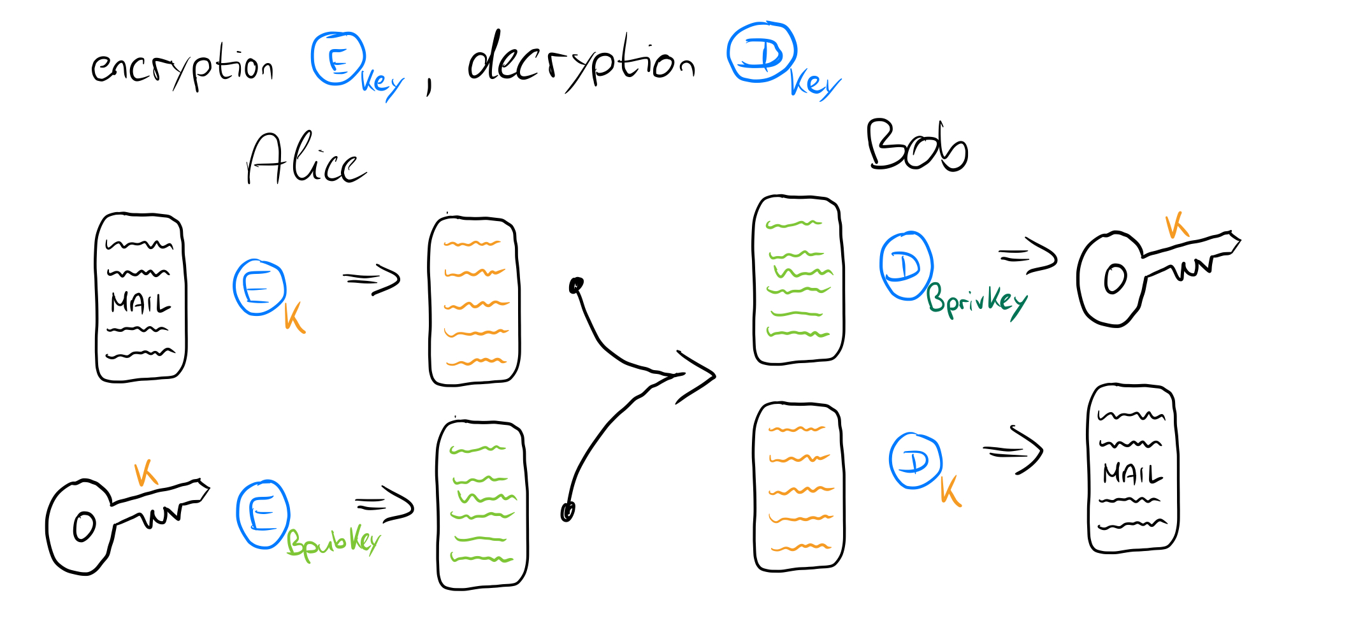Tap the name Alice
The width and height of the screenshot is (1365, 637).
(306, 159)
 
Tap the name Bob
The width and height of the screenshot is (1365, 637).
(917, 146)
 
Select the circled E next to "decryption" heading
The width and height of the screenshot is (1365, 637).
(338, 59)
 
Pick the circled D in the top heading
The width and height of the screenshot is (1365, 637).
(762, 53)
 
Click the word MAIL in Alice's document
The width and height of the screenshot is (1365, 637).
(141, 303)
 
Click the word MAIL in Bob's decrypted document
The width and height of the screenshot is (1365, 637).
(1132, 474)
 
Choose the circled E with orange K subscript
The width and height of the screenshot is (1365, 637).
(259, 287)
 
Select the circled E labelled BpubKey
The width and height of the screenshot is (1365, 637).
(263, 514)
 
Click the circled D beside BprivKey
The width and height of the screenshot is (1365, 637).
(906, 266)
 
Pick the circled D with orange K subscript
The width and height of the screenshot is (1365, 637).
(915, 461)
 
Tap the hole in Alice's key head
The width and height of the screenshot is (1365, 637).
(84, 527)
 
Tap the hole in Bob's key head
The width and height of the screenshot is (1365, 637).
(1115, 279)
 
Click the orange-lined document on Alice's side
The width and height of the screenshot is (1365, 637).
(474, 301)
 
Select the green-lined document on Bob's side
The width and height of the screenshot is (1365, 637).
(798, 280)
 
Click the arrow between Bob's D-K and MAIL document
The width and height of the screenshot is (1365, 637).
(1013, 451)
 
